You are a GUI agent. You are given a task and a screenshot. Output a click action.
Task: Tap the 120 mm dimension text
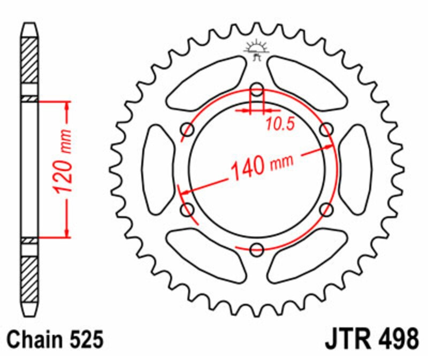click(x=63, y=162)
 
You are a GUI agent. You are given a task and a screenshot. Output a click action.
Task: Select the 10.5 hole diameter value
click(x=280, y=124)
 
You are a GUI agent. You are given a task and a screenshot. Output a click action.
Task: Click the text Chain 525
click(x=56, y=339)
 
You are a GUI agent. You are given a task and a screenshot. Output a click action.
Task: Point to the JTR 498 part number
click(x=372, y=339)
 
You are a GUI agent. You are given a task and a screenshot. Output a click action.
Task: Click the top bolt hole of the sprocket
click(x=257, y=89)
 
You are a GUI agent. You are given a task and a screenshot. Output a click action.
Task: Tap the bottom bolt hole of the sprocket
click(x=257, y=249)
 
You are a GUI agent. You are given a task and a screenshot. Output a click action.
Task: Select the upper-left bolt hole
click(x=188, y=129)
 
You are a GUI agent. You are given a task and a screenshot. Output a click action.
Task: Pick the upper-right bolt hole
click(x=326, y=129)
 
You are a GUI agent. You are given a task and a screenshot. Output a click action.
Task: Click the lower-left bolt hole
click(x=188, y=209)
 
